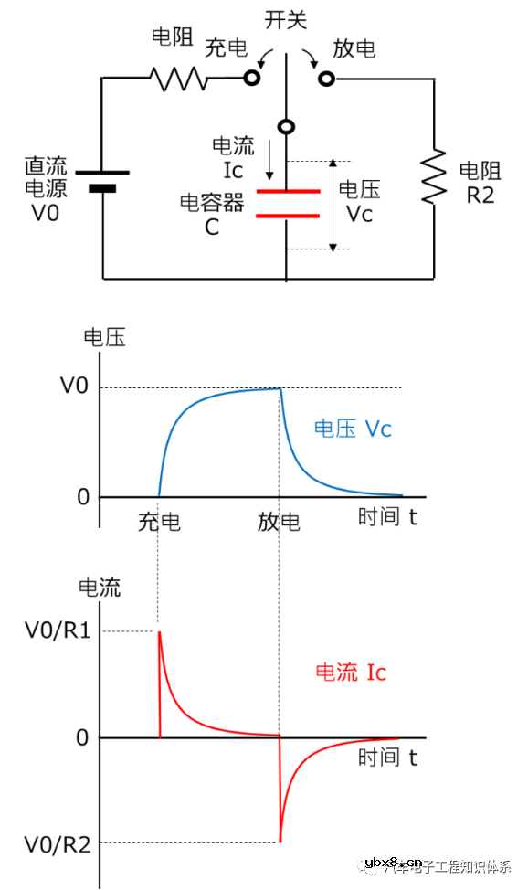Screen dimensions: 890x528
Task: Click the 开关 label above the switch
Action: (x=287, y=19)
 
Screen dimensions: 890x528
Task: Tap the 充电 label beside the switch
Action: (x=226, y=48)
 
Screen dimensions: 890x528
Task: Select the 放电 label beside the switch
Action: (x=354, y=48)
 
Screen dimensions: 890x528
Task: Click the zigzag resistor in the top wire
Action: (x=180, y=79)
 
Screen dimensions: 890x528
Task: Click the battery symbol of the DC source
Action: (x=102, y=180)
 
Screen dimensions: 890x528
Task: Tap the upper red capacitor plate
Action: (x=287, y=192)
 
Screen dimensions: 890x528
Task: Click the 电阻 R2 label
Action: (x=479, y=182)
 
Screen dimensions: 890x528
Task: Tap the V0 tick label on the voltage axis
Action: (x=74, y=387)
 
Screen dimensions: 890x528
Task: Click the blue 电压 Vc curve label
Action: (x=353, y=429)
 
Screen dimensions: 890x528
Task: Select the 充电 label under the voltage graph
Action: (x=159, y=523)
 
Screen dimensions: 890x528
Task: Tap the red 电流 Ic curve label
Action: (x=351, y=673)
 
